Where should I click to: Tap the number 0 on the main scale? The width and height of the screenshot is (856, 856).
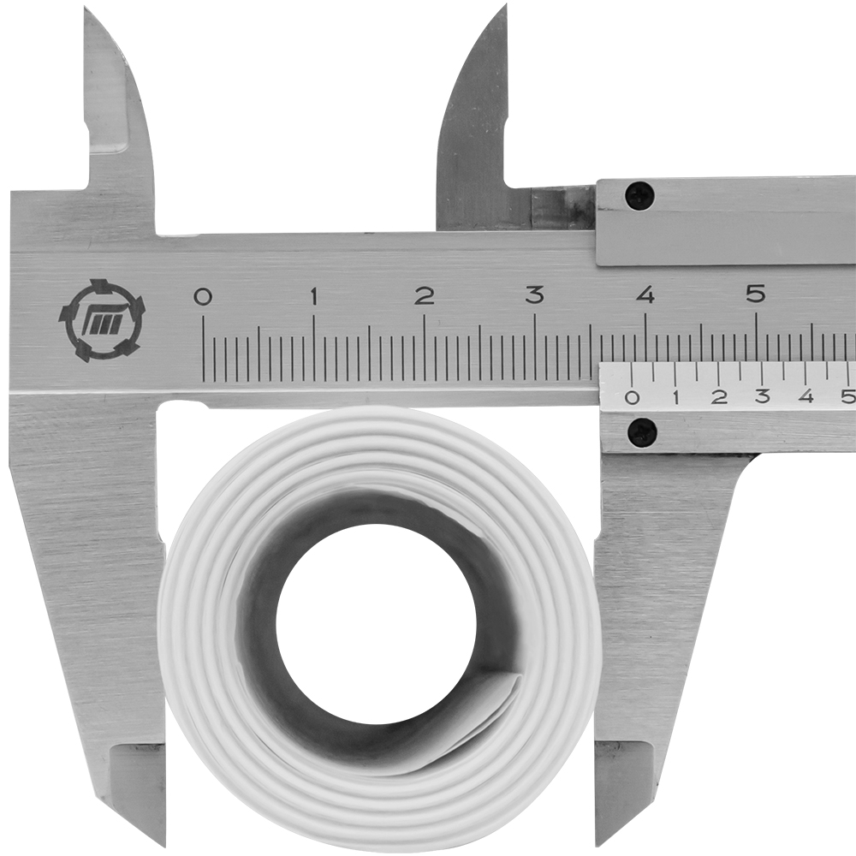click(x=203, y=296)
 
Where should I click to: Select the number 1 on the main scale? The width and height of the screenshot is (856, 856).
click(x=314, y=296)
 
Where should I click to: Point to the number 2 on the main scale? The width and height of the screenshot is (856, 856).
click(x=425, y=296)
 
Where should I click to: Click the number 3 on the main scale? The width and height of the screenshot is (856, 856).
click(x=535, y=295)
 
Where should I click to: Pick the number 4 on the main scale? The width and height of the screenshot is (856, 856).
click(x=646, y=295)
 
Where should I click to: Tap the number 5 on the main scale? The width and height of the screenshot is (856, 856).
click(x=756, y=294)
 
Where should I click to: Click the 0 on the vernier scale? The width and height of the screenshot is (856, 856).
click(x=633, y=397)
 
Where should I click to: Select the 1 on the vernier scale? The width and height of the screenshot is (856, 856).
click(x=676, y=397)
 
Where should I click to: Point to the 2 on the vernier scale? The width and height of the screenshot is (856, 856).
click(x=720, y=397)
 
